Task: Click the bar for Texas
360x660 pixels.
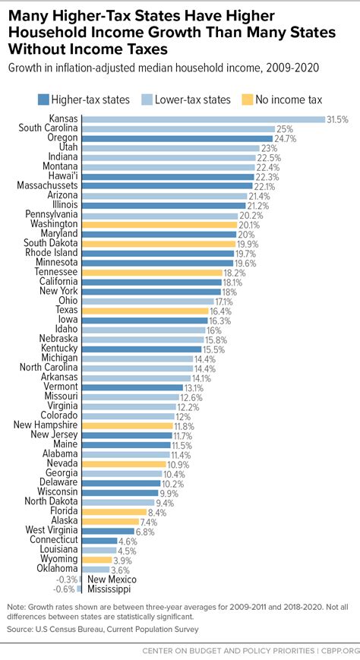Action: click(x=144, y=311)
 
